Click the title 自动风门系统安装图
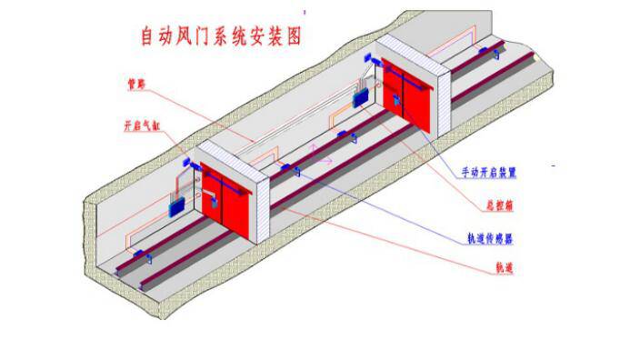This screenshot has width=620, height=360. point(219,37)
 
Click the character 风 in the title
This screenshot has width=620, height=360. point(178,37)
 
